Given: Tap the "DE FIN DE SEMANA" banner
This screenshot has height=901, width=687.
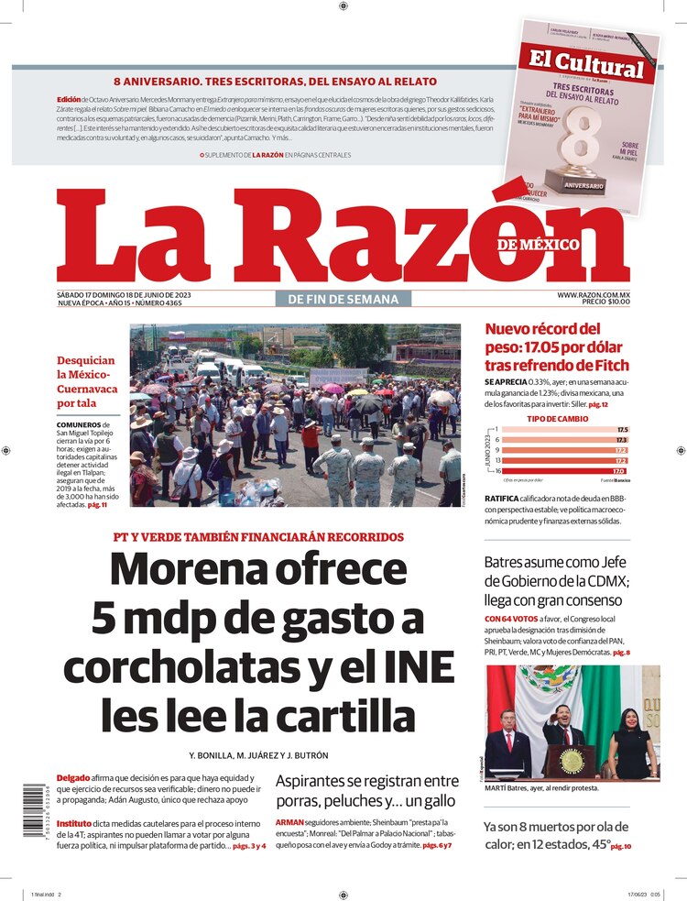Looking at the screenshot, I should [343, 299].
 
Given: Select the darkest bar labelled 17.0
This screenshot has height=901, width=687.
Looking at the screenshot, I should [558, 471].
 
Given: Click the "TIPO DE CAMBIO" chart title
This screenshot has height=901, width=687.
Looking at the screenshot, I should [557, 418].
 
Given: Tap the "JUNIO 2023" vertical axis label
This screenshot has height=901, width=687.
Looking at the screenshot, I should [488, 450].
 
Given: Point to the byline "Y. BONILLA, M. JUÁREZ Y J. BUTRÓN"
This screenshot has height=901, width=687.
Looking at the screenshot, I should [258, 755].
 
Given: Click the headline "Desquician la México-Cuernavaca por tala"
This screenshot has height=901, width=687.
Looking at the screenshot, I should [87, 381].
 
